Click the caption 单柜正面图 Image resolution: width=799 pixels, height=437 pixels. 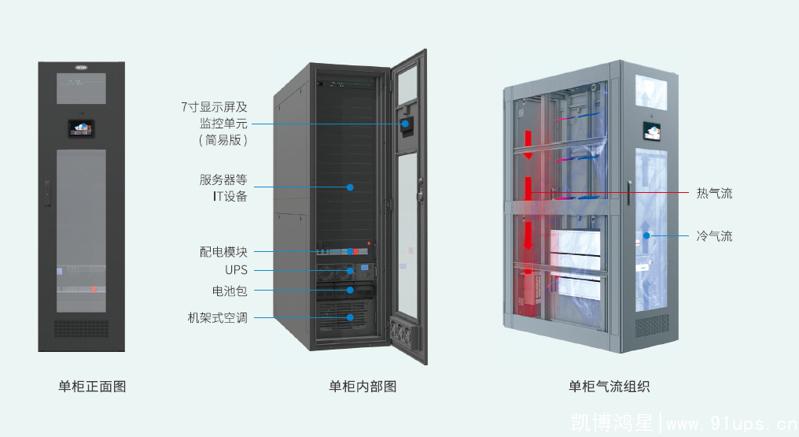point(92,386)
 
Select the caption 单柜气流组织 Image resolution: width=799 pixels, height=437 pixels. point(609,386)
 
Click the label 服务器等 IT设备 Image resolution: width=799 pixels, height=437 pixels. point(223,187)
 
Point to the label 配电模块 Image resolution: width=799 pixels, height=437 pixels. point(223,252)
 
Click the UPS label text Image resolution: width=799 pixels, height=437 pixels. point(236,271)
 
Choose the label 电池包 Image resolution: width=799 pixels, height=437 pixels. point(230,291)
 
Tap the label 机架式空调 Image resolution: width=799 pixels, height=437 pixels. point(217,318)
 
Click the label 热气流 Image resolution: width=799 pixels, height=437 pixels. point(714,193)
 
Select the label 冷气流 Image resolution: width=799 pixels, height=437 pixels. point(714,235)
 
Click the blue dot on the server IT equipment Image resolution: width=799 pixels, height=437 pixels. point(350,187)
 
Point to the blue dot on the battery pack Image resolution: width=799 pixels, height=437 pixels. point(350,290)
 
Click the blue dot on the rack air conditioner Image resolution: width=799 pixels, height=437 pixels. point(350,317)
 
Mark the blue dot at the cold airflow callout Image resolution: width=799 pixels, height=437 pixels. point(646,235)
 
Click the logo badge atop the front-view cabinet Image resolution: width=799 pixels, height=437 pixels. point(81,67)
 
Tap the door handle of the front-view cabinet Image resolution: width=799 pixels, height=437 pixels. point(47,192)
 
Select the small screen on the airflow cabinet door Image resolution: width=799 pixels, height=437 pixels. point(654,128)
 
